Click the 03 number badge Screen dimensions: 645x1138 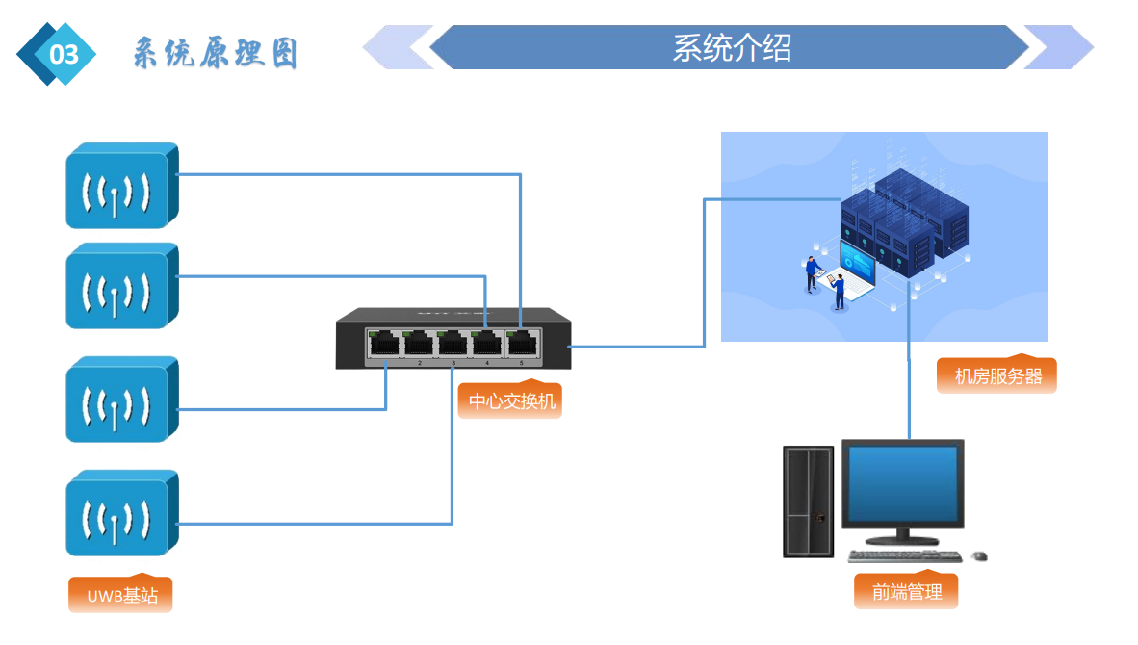tap(60, 54)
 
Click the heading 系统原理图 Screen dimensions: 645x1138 tap(215, 54)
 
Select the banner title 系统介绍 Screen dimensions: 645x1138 tap(731, 47)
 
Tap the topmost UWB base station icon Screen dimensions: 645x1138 tap(119, 187)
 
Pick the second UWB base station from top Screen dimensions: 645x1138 tap(119, 287)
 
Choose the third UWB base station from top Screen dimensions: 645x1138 tap(119, 400)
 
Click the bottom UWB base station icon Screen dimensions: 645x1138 tap(119, 513)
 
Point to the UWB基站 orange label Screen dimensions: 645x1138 tap(121, 595)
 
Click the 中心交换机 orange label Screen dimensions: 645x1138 tap(511, 400)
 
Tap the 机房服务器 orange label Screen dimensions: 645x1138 tap(997, 375)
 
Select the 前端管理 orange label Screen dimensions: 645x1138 tap(906, 591)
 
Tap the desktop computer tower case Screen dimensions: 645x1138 tap(808, 501)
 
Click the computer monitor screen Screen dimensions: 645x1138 tap(902, 482)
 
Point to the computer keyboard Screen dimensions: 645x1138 tap(904, 556)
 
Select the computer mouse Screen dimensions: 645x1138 tap(980, 556)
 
